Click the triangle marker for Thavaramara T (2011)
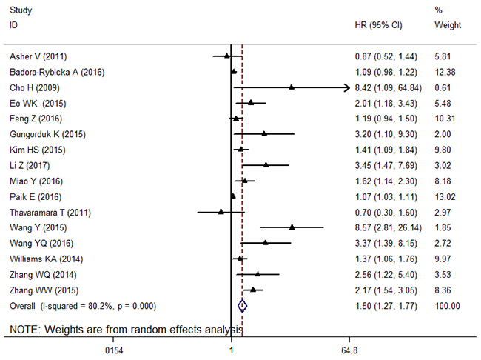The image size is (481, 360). (221, 212)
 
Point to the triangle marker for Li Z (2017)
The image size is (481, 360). (266, 165)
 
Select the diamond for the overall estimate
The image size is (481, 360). (242, 305)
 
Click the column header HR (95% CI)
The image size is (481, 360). (378, 24)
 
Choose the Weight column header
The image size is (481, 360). (448, 24)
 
